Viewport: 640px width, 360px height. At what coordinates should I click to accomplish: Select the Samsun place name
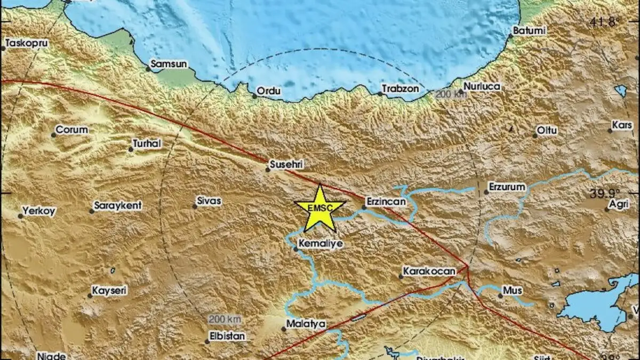pos(169,64)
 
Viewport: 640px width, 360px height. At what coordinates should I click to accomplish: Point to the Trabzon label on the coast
pos(401,89)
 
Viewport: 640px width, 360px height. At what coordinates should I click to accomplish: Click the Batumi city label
pos(530,31)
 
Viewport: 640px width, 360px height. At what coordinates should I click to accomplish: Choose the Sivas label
pos(209,201)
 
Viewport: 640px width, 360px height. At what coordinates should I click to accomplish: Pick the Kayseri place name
pos(109,290)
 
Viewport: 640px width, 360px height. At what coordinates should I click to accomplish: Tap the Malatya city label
pos(306,323)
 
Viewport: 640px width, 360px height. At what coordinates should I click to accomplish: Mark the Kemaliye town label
pos(321,243)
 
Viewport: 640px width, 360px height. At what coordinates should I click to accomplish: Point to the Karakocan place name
pos(429,271)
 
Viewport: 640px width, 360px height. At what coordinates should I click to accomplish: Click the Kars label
pos(622,125)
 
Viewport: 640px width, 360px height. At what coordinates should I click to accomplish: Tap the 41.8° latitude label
pos(605,22)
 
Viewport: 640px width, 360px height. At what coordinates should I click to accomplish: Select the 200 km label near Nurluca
pos(451,94)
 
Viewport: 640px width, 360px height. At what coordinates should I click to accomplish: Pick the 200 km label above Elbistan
pos(225,319)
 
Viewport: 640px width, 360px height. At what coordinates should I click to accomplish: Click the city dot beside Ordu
pos(254,97)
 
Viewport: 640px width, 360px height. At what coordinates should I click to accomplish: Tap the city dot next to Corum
pos(53,135)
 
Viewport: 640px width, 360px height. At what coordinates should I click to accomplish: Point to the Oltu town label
pos(547,130)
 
